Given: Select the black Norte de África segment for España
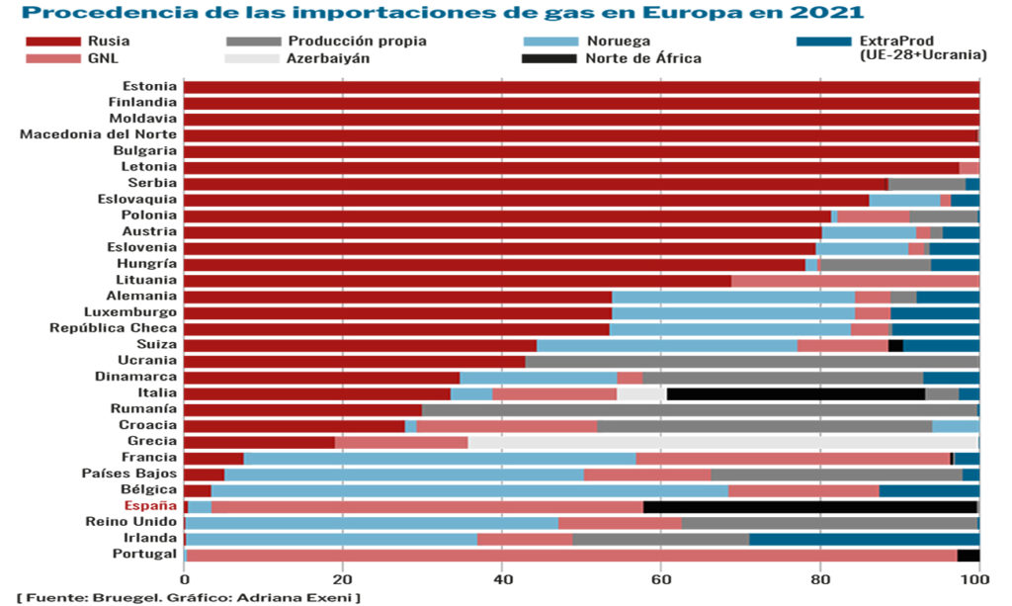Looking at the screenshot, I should click(810, 506).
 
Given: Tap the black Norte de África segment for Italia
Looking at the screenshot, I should click(796, 393).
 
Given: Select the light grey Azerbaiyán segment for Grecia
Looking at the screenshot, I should click(722, 442).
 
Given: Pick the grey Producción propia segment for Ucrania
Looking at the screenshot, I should click(752, 361).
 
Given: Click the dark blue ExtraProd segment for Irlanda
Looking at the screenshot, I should click(864, 539).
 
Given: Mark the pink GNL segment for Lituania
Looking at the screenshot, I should click(855, 280).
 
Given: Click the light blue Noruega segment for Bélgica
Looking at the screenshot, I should click(469, 490).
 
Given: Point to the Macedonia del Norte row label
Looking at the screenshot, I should click(99, 133).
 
